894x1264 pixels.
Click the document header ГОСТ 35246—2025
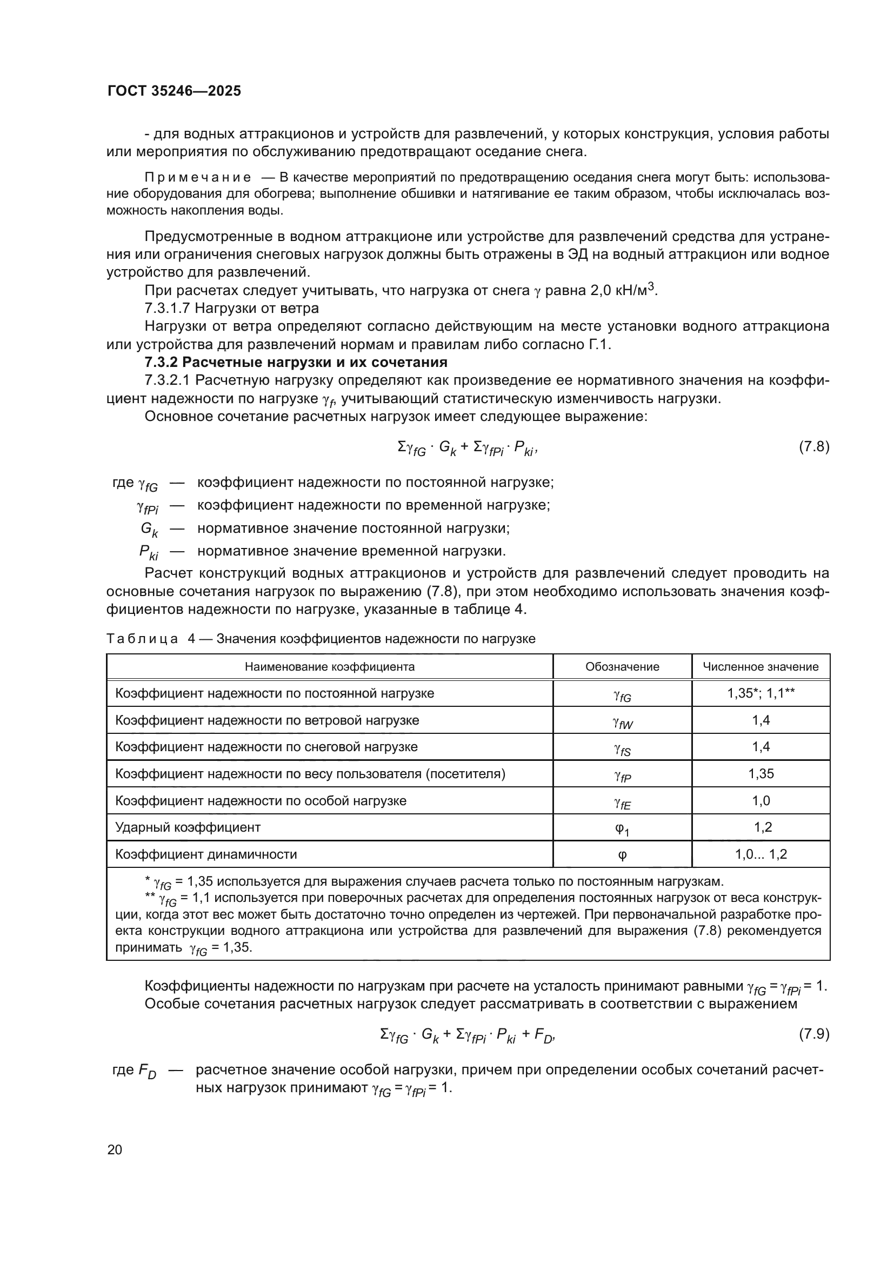coord(174,91)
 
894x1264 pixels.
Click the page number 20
coord(115,1149)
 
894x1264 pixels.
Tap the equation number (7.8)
coord(813,446)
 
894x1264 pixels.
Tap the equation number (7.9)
coord(813,1034)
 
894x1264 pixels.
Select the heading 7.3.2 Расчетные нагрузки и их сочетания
coord(296,362)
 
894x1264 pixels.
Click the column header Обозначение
coord(622,667)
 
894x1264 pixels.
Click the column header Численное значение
coord(760,667)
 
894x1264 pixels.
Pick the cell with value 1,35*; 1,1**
coord(760,693)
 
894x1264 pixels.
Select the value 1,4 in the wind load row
coord(760,720)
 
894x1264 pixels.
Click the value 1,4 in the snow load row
coord(760,747)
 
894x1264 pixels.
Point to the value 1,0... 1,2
coord(760,854)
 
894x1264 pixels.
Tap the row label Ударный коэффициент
coord(188,827)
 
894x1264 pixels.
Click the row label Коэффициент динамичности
coord(206,854)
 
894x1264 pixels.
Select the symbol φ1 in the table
coord(622,828)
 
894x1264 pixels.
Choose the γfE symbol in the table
coord(622,802)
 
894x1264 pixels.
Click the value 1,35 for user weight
coord(760,774)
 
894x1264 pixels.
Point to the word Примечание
coord(198,177)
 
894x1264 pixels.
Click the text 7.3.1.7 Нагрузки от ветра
coord(231,307)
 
